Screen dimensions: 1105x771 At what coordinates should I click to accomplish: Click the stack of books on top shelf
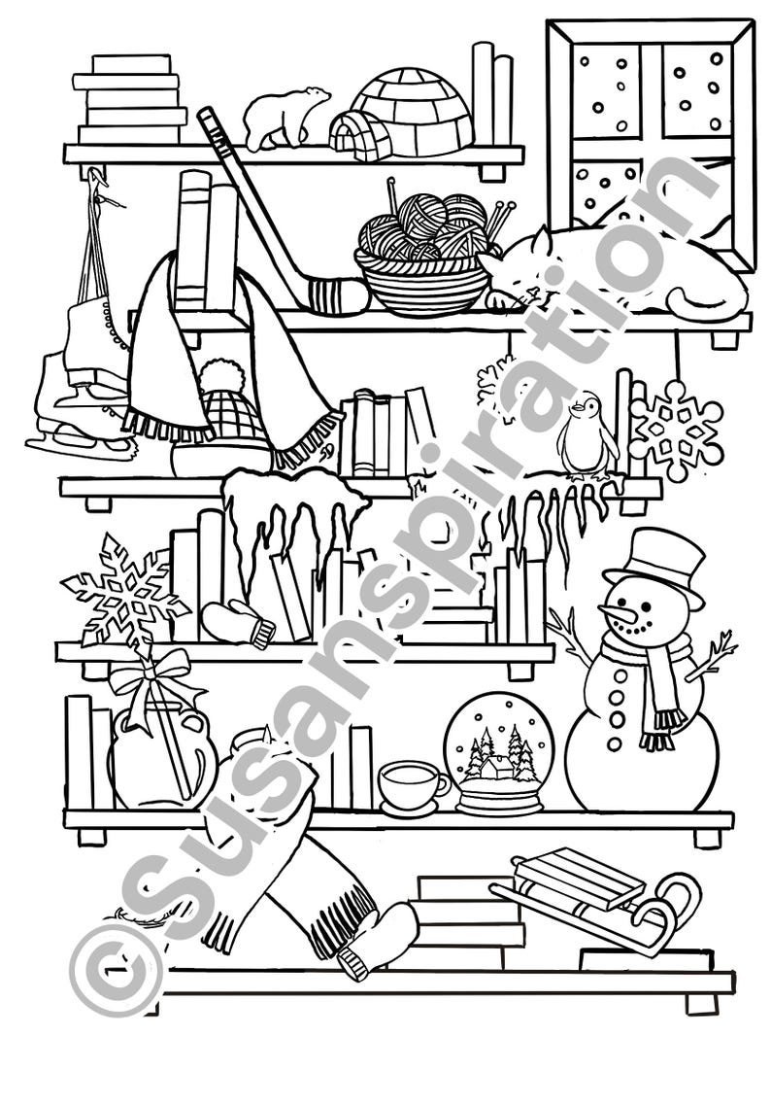coord(130,99)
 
